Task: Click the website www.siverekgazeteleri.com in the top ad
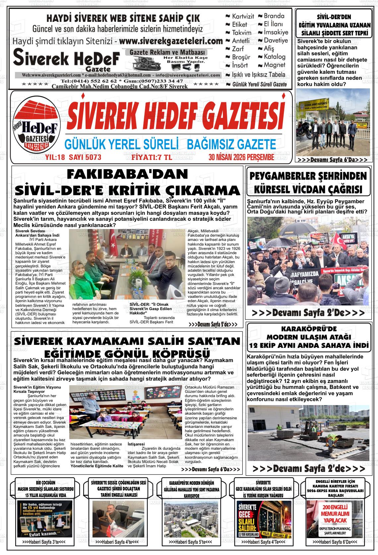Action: click(170, 42)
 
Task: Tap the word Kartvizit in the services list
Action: click(243, 16)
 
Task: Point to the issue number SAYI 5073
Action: click(85, 157)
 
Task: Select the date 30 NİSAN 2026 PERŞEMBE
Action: click(241, 157)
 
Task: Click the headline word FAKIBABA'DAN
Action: click(127, 174)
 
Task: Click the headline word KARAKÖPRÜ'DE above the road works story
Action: click(309, 329)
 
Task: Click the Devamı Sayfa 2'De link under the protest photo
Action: click(308, 313)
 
